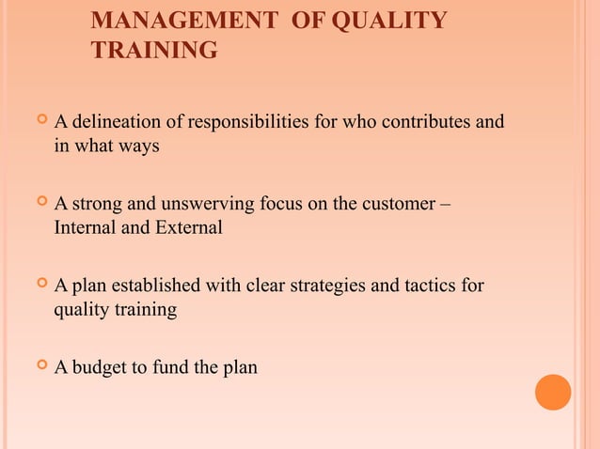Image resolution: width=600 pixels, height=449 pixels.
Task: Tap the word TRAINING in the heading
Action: pos(154,51)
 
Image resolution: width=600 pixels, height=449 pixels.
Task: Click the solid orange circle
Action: pos(553,392)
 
